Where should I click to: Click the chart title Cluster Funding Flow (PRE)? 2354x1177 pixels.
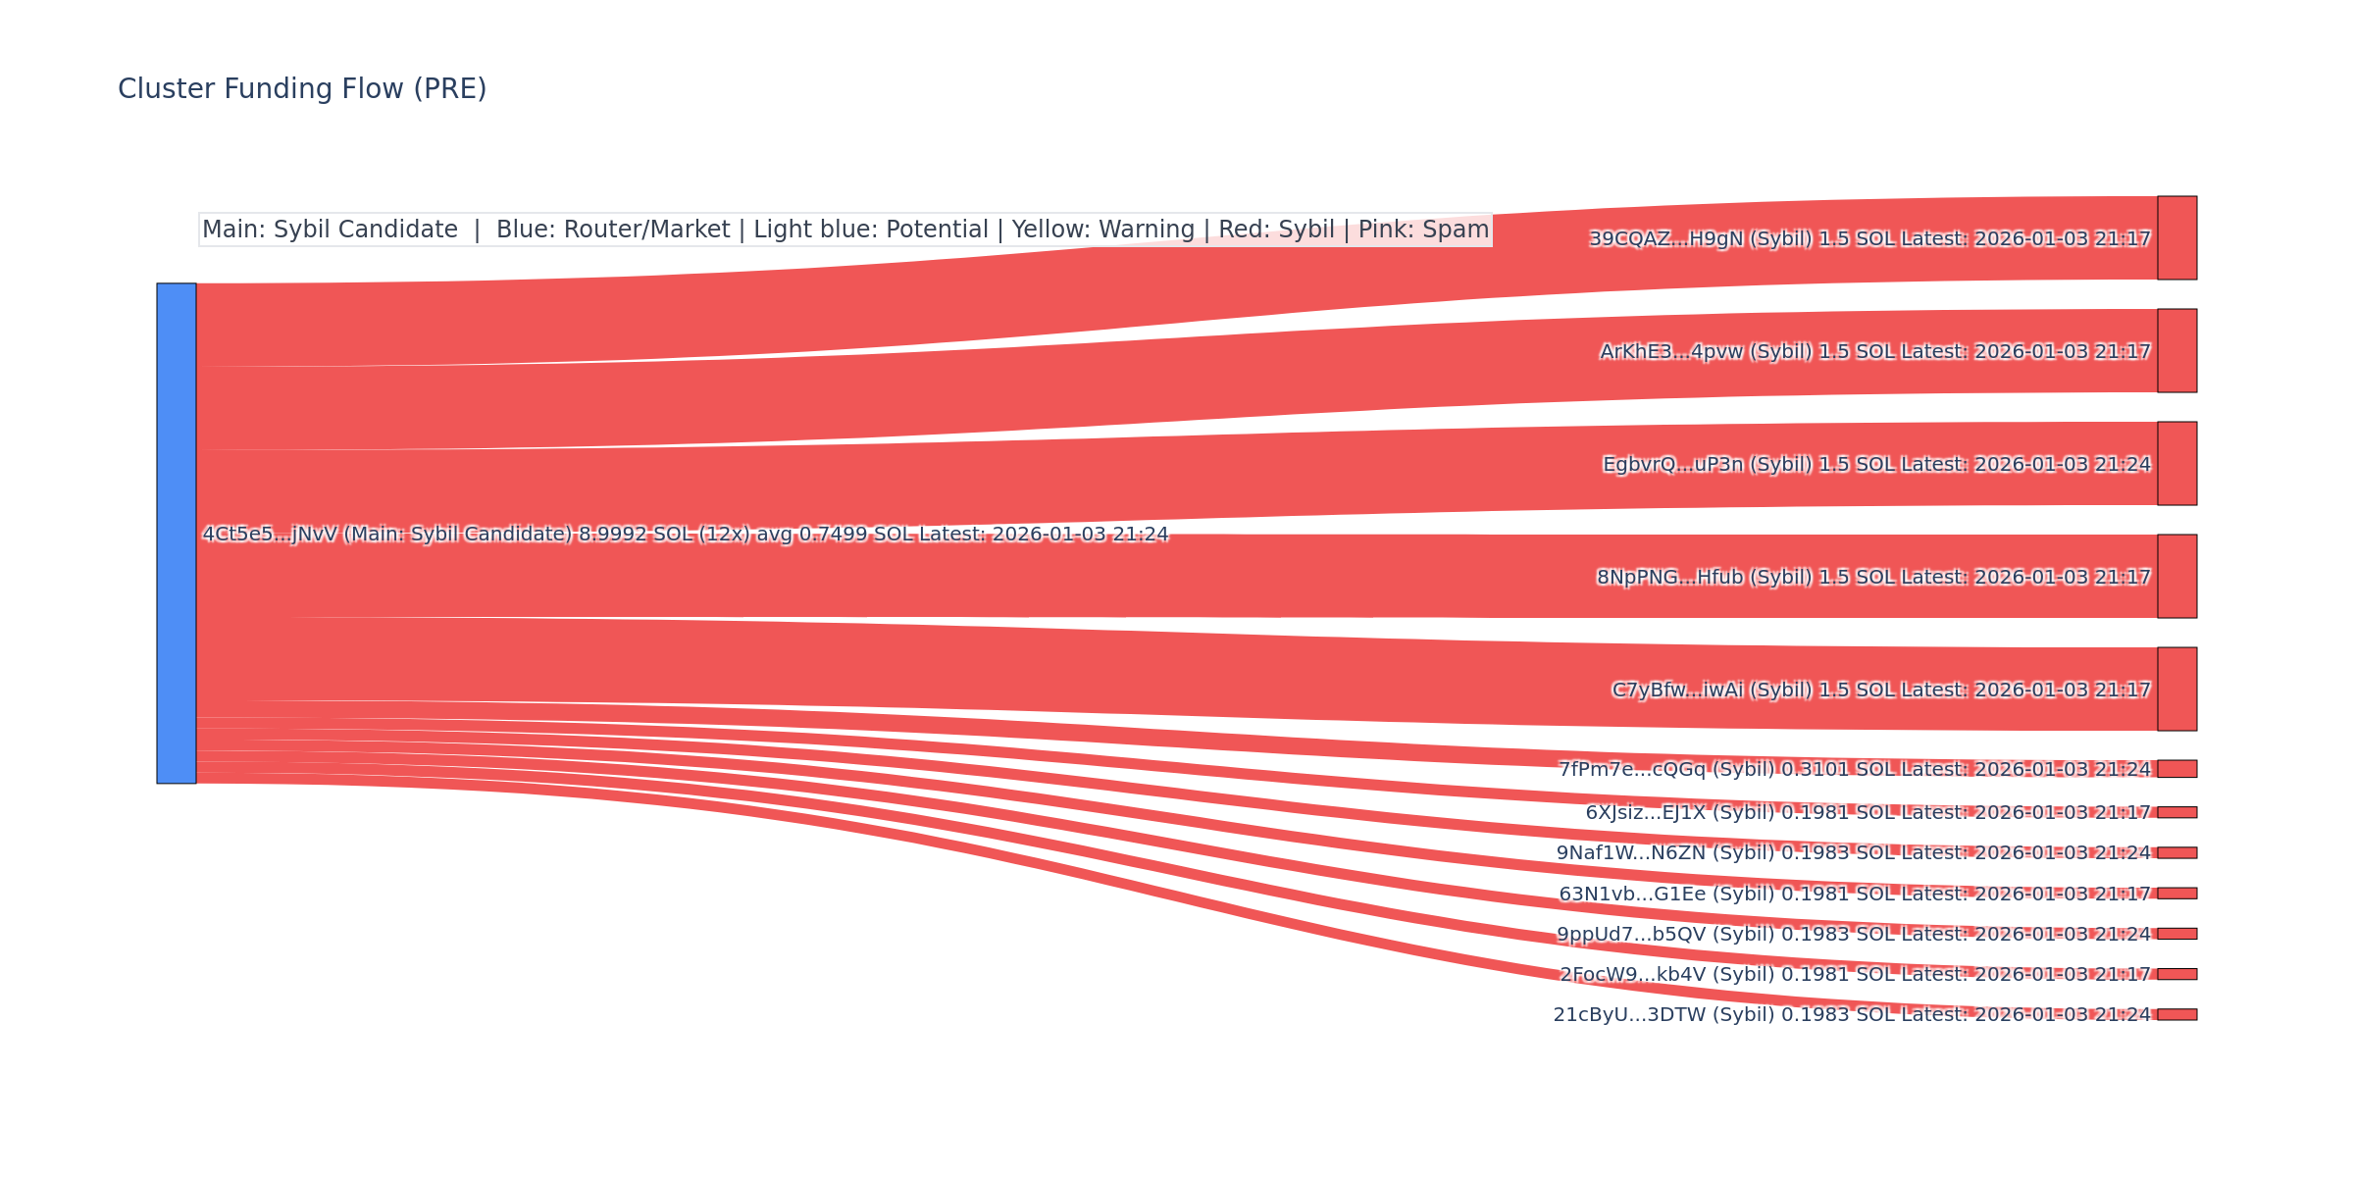(302, 89)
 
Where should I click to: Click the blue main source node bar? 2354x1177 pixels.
(177, 534)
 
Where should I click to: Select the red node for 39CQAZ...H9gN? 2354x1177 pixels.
(2176, 238)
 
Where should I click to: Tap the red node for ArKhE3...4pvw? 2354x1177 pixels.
(2176, 351)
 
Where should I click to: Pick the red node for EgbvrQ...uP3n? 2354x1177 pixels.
(2176, 464)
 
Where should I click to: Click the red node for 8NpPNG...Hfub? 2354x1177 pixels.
(2176, 577)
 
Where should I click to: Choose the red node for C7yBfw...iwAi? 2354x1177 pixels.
(2176, 690)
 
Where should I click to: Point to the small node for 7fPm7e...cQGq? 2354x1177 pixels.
(2176, 769)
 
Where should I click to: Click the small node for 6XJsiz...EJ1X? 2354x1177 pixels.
(2176, 812)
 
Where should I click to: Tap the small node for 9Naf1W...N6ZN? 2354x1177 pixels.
(2176, 853)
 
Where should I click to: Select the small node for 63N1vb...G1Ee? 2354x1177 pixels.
(2176, 894)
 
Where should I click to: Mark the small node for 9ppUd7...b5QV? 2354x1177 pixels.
(2176, 934)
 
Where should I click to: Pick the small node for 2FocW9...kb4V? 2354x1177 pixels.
(2176, 974)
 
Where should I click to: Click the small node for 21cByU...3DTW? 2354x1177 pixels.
(2176, 1014)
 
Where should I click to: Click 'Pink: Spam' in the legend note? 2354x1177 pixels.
(1423, 230)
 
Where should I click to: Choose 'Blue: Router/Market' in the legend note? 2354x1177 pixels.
(613, 230)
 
